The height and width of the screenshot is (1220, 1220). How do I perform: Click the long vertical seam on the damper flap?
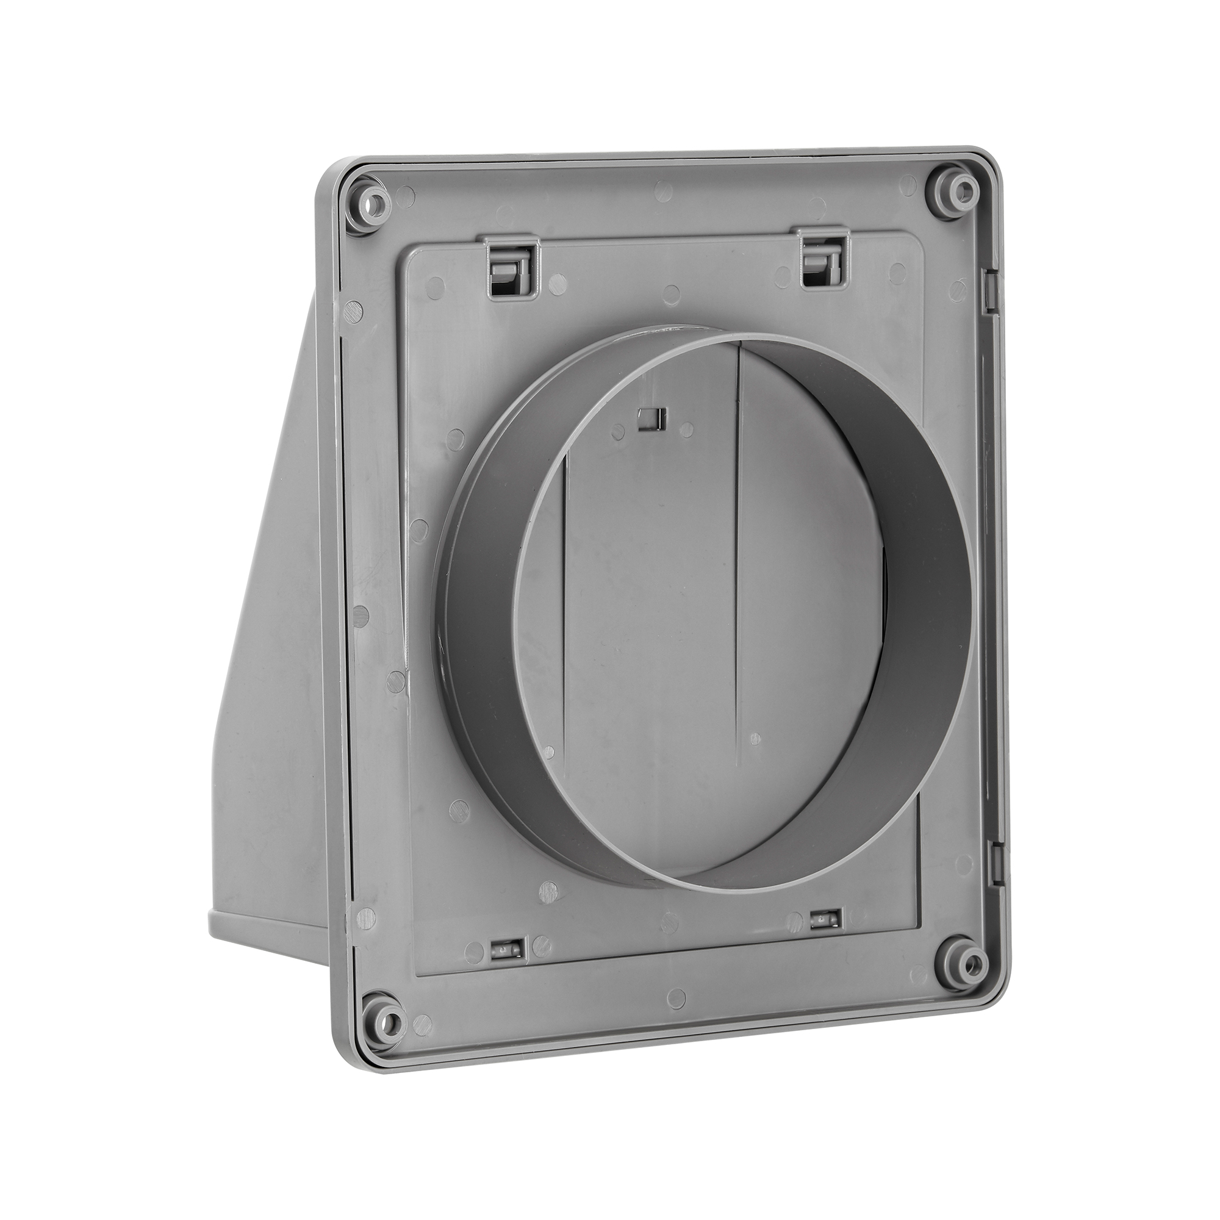737,569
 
